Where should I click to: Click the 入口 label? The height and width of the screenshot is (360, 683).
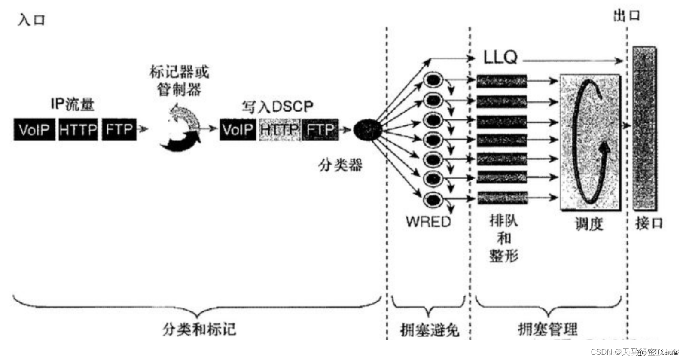click(31, 20)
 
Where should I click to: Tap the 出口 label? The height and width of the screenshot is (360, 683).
click(626, 16)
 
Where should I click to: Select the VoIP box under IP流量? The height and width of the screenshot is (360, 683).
click(34, 129)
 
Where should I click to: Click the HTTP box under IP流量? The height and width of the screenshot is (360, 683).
click(78, 129)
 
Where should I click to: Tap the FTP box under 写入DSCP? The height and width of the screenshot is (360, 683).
click(320, 129)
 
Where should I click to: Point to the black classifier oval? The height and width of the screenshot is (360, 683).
click(368, 129)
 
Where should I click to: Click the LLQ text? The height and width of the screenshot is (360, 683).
click(500, 57)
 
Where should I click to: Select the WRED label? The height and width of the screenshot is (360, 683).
click(428, 222)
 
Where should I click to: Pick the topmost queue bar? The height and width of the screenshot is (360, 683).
click(502, 81)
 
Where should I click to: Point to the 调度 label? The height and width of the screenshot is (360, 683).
click(589, 224)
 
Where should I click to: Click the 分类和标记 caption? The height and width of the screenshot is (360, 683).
click(199, 329)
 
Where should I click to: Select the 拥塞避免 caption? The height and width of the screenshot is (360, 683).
click(429, 330)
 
